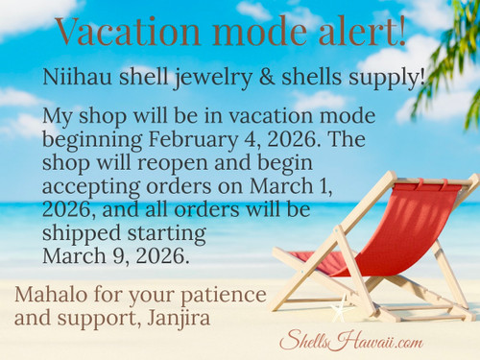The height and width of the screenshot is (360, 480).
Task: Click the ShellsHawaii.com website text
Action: [350, 341]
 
